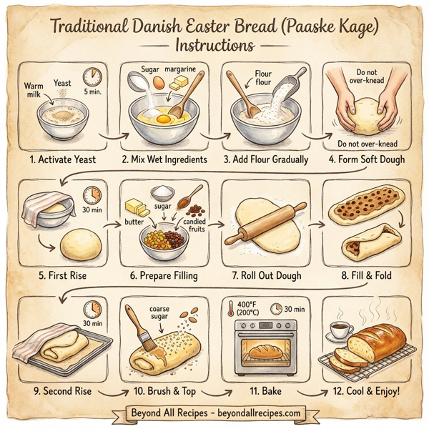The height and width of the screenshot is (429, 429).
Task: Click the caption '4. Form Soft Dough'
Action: (368, 159)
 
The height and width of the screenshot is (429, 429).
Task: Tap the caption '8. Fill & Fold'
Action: (368, 275)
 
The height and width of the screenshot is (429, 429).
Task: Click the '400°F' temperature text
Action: (247, 303)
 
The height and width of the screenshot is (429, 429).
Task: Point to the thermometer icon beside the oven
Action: (230, 309)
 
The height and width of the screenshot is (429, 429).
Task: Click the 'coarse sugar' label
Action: (159, 312)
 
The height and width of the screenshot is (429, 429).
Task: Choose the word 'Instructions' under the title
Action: (214, 44)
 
